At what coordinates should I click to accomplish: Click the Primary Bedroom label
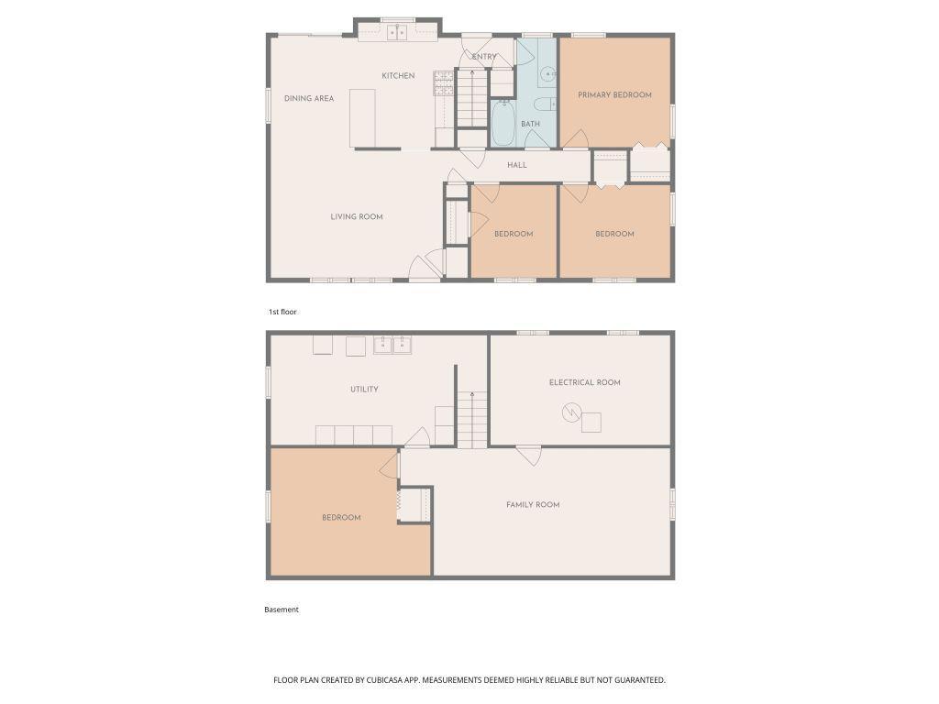(x=614, y=94)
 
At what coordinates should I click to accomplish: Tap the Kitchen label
(x=398, y=75)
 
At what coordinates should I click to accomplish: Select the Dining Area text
(x=309, y=98)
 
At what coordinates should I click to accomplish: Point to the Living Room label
(x=357, y=216)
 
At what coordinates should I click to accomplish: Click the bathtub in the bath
(x=503, y=124)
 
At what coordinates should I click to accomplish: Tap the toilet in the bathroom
(x=545, y=104)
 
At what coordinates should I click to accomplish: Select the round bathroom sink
(x=548, y=74)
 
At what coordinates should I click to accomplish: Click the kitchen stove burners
(x=444, y=83)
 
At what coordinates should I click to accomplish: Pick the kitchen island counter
(x=362, y=118)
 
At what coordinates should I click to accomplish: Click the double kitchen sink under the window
(x=397, y=32)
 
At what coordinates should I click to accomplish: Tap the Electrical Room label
(x=584, y=382)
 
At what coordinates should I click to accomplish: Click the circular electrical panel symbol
(x=571, y=412)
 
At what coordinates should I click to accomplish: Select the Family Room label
(x=533, y=505)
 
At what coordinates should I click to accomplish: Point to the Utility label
(x=364, y=389)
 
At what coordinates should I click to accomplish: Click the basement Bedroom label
(x=341, y=518)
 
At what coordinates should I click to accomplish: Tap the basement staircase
(x=472, y=419)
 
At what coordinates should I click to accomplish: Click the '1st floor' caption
(x=282, y=312)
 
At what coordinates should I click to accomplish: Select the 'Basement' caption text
(x=282, y=610)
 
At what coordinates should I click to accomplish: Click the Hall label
(x=517, y=165)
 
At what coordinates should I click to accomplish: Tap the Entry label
(x=484, y=57)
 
